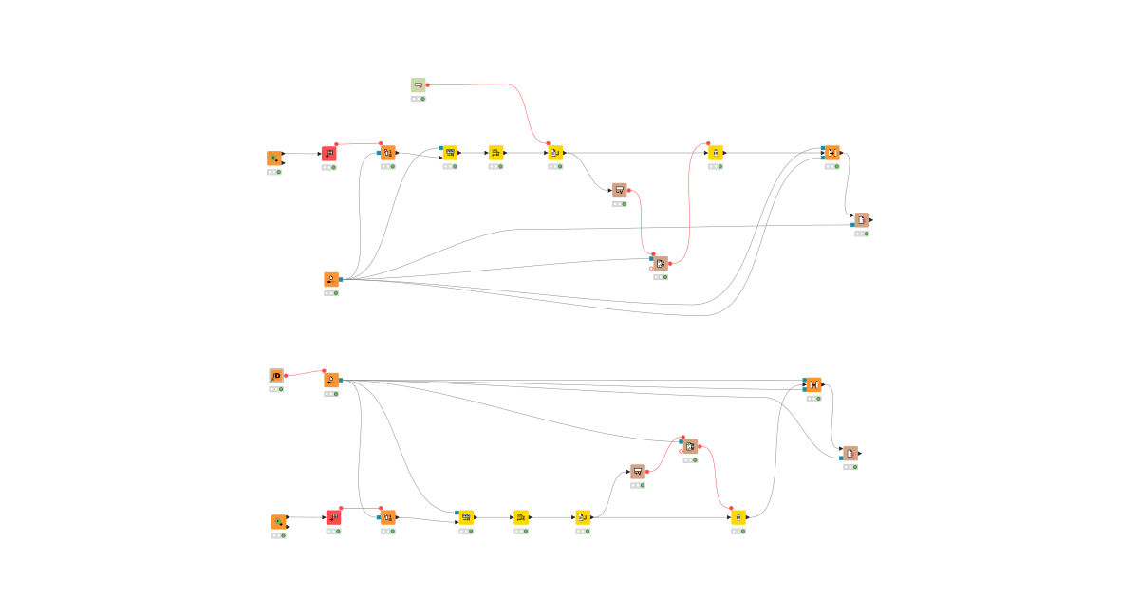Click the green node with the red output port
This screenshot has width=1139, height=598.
click(418, 85)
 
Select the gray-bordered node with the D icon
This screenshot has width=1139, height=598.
click(276, 376)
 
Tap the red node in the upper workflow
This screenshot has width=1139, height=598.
click(328, 154)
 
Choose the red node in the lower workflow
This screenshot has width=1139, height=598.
click(333, 517)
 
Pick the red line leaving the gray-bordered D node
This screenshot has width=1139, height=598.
click(305, 373)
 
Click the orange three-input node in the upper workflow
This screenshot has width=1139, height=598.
click(831, 153)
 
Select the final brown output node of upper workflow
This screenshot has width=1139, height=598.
click(861, 220)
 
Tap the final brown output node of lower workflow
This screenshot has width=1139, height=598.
click(850, 454)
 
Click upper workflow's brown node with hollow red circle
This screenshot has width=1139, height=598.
click(661, 263)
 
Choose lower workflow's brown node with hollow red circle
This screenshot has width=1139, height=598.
click(690, 446)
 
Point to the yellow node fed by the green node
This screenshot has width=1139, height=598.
click(555, 153)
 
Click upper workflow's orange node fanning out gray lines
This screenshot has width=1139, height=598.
click(331, 280)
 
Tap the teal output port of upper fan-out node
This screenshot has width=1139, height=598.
click(341, 280)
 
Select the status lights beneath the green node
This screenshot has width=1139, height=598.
click(418, 99)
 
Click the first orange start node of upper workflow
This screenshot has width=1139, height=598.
click(274, 159)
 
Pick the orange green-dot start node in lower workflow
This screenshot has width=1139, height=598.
click(279, 522)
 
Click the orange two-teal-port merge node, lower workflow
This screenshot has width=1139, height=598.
click(812, 384)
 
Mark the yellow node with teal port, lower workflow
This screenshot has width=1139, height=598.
click(465, 517)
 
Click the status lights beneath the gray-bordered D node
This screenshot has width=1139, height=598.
click(276, 389)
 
